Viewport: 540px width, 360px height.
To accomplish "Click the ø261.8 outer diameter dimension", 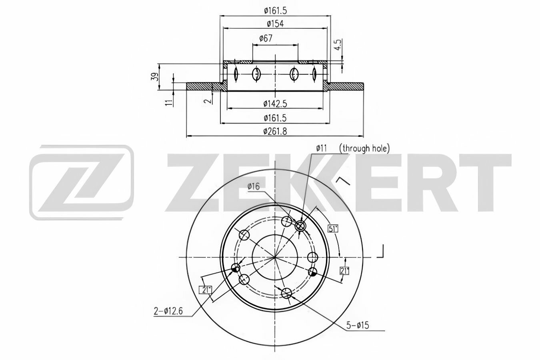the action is tap(275, 132).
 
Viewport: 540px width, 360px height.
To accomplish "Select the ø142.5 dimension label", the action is tap(275, 104).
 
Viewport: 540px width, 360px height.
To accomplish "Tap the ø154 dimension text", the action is tap(275, 24).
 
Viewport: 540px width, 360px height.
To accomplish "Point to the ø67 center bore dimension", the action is tap(266, 38).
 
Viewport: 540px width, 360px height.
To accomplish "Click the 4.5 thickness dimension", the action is tap(339, 45).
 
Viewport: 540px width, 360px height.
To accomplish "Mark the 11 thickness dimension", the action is tap(170, 102).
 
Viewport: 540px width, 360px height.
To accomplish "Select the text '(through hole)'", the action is tap(364, 148).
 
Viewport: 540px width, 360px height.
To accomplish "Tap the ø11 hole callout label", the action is tap(321, 148).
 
